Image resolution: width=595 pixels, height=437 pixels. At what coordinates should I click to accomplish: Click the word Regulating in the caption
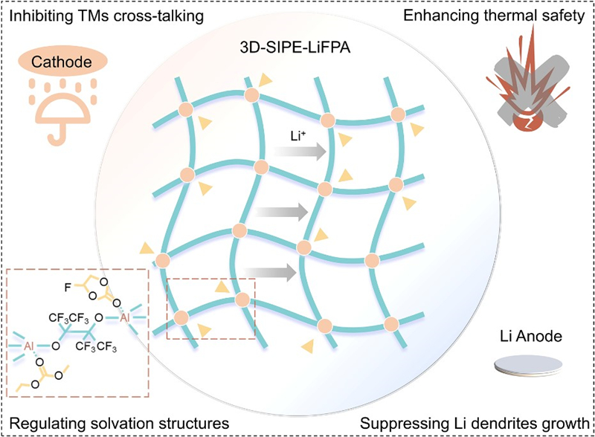tap(45, 423)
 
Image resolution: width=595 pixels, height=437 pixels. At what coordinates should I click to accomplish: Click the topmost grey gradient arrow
tap(298, 152)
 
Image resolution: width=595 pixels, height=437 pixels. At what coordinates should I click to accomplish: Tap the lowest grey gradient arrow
tap(268, 272)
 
